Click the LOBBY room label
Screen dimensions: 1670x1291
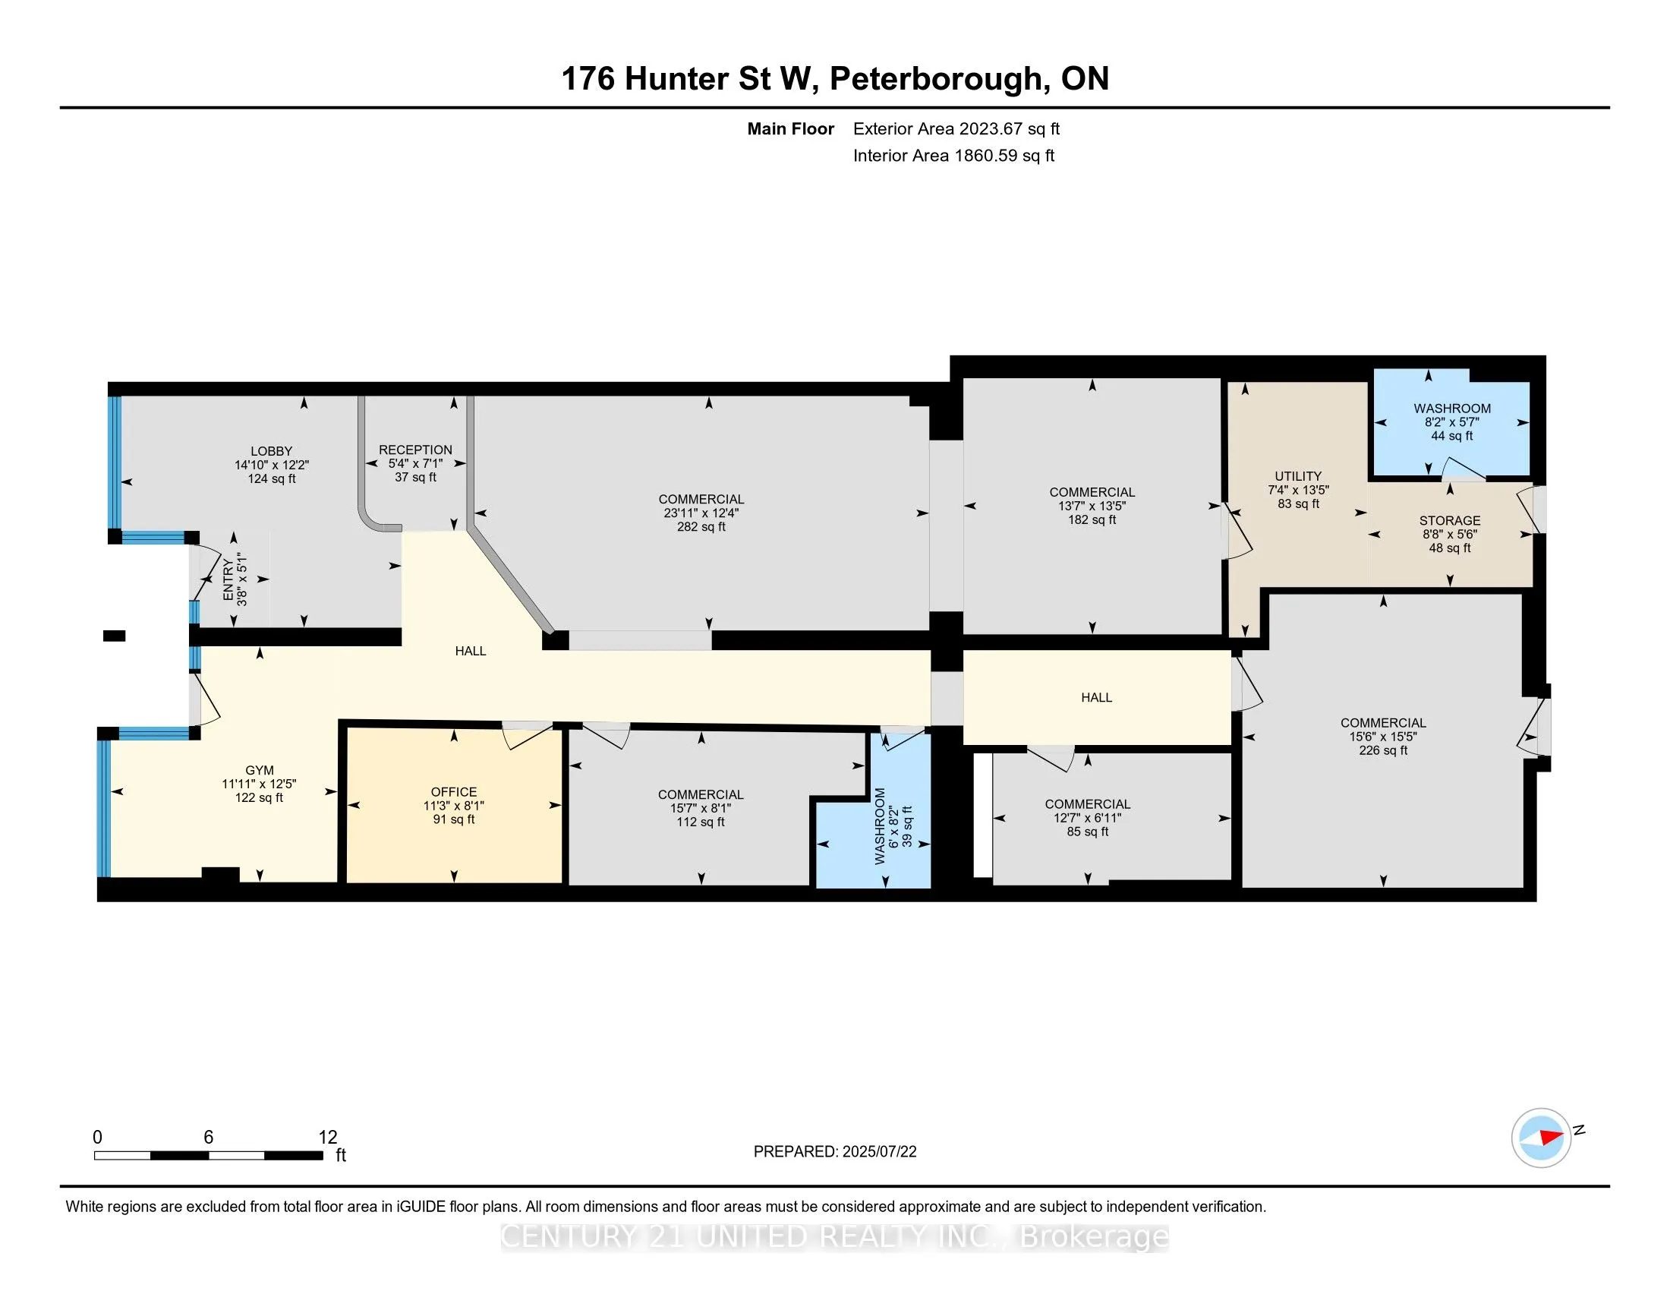[x=271, y=451]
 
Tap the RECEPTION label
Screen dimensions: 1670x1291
[x=415, y=450]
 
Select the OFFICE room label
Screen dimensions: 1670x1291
[x=453, y=791]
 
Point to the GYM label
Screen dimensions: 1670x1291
[x=259, y=770]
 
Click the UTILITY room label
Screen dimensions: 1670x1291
[x=1297, y=475]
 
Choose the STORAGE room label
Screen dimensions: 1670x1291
[x=1450, y=520]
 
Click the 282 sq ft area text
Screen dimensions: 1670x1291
[x=701, y=527]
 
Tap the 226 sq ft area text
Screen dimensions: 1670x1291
[x=1382, y=750]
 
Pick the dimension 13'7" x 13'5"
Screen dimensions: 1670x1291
[x=1092, y=506]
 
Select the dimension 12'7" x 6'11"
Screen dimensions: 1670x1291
[x=1087, y=818]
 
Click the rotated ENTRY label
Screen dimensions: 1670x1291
[x=228, y=580]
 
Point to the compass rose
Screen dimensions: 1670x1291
[x=1541, y=1138]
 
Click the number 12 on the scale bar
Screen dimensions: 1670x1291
[x=327, y=1137]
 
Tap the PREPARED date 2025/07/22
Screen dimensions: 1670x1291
[x=878, y=1152]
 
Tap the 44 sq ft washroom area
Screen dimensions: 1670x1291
[x=1451, y=436]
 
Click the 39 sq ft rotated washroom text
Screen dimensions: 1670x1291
[x=907, y=826]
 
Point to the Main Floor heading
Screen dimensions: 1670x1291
[x=791, y=128]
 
